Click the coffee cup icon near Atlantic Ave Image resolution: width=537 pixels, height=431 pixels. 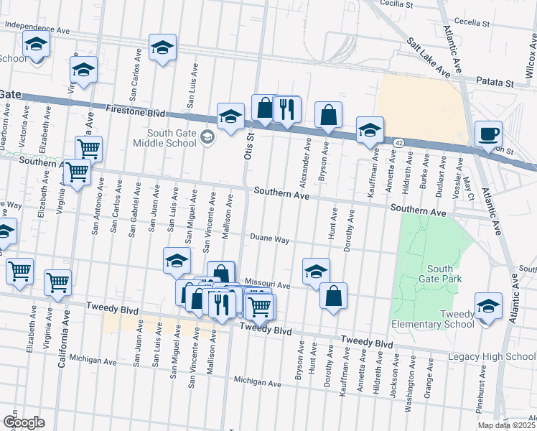[488, 134]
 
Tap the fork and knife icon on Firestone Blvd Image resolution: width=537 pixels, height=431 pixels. [286, 109]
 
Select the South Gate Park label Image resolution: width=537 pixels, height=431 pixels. [442, 272]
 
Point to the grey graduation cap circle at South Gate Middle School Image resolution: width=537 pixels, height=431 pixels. [208, 136]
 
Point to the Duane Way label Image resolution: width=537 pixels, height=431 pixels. [269, 238]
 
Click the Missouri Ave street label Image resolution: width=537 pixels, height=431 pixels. [267, 284]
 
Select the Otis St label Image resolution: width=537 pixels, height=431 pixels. [251, 146]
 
